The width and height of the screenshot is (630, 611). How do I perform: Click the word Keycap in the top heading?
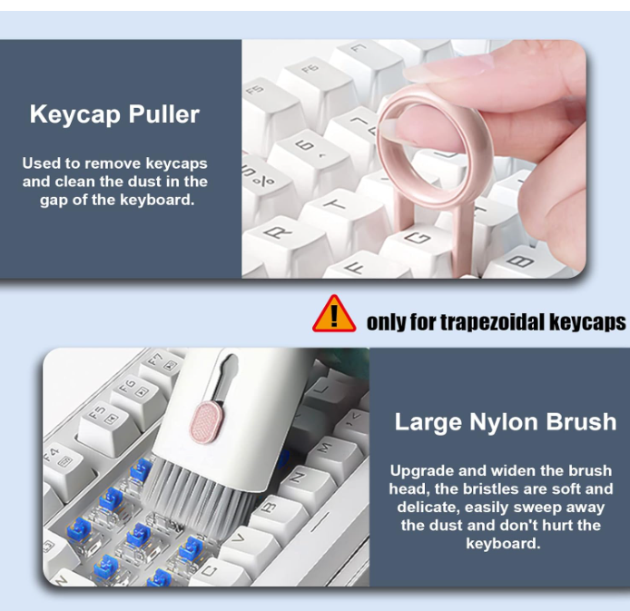click(75, 114)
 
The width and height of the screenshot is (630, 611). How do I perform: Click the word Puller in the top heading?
click(164, 114)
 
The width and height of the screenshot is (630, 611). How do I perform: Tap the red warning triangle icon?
click(334, 314)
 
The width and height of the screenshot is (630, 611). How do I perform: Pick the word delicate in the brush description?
click(428, 507)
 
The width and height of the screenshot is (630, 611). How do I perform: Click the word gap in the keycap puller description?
click(54, 201)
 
